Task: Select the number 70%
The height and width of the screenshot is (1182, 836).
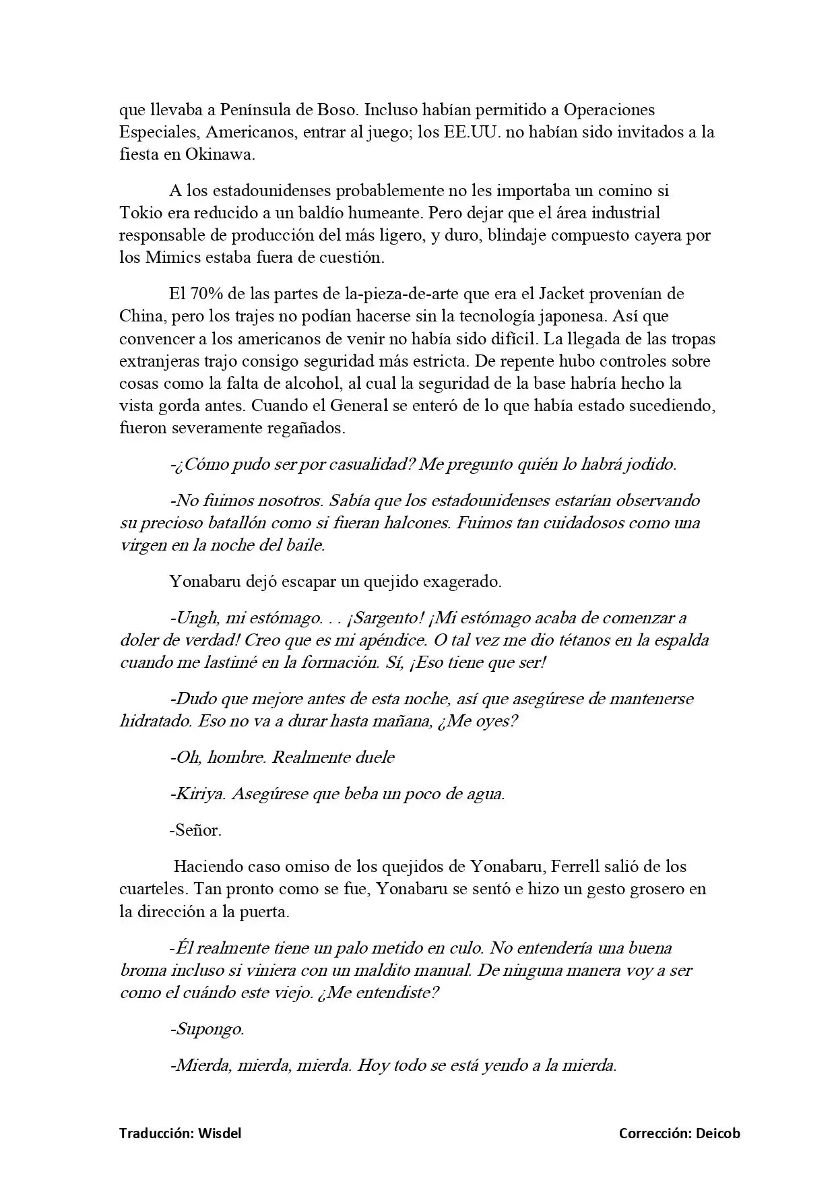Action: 205,294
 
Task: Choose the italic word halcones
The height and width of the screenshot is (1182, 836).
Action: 417,523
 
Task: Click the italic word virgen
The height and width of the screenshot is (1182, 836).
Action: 143,545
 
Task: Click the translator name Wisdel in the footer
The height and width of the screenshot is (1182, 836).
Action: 220,1133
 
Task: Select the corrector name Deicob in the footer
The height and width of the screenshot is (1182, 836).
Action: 717,1133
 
